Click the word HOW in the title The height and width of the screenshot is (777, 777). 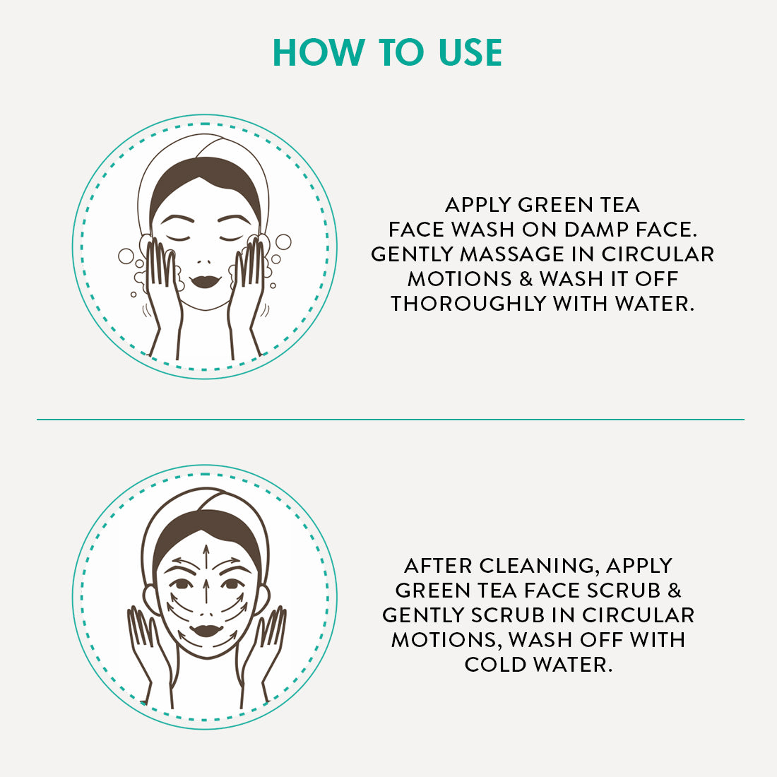click(319, 52)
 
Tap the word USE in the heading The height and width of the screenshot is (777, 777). click(470, 52)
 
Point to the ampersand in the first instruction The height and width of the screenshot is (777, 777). click(526, 279)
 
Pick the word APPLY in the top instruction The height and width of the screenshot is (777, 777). click(478, 205)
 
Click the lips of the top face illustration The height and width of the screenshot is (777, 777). click(205, 281)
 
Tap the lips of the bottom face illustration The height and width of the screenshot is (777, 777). click(207, 631)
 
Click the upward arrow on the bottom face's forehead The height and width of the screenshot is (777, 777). click(206, 557)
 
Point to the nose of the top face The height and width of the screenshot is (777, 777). click(203, 261)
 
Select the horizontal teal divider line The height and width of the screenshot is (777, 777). click(391, 419)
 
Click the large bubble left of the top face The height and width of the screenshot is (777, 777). click(126, 256)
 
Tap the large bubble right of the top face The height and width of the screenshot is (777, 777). click(283, 242)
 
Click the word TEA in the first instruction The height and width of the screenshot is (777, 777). click(620, 205)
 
